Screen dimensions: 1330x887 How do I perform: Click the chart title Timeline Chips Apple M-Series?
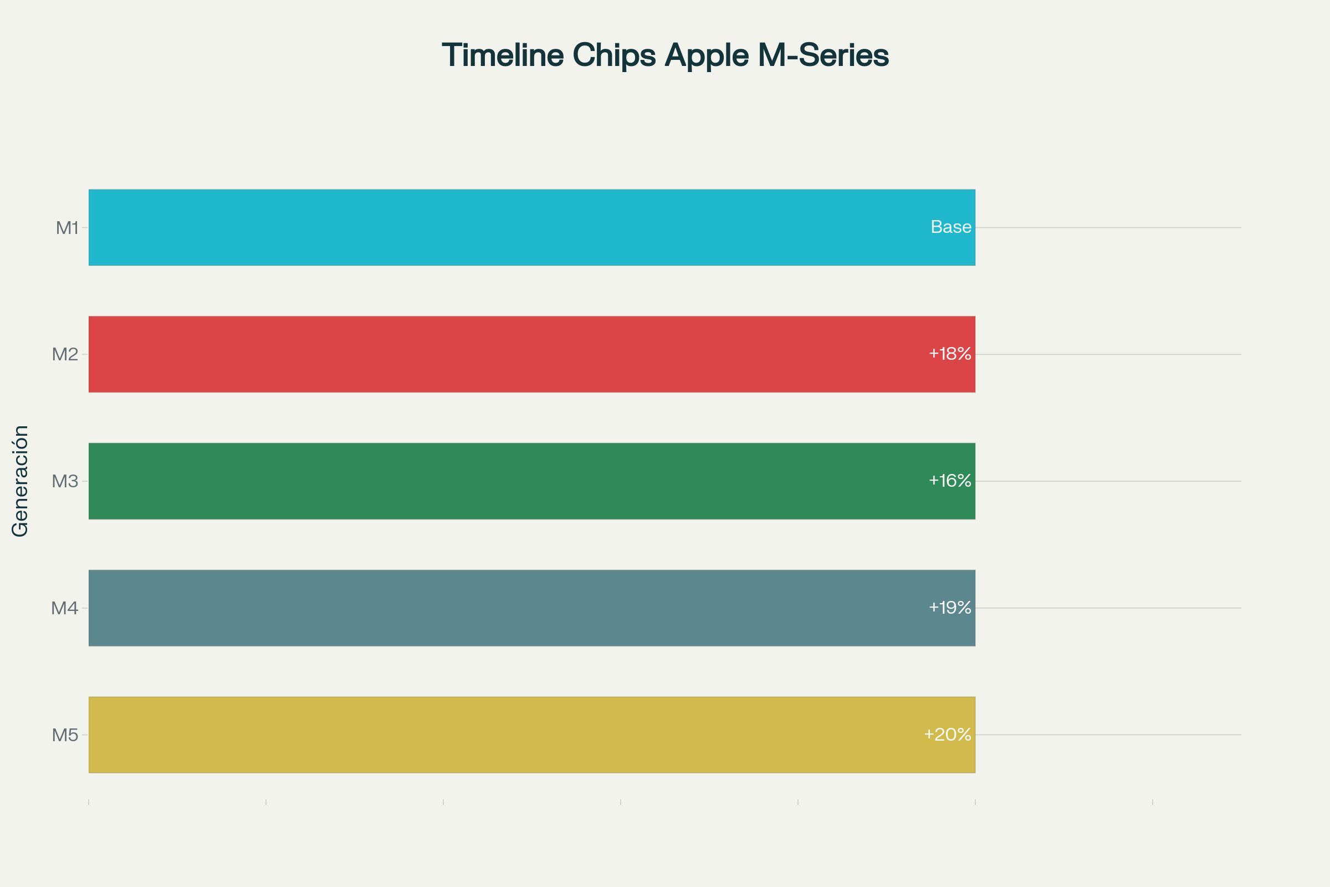click(665, 56)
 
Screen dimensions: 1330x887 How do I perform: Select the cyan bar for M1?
click(532, 227)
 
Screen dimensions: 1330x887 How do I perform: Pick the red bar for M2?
click(532, 354)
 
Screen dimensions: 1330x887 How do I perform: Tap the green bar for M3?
click(532, 481)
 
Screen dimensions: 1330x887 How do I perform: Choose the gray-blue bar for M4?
click(532, 608)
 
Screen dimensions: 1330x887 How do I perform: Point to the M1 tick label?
click(67, 228)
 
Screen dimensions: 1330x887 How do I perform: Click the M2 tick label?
click(65, 355)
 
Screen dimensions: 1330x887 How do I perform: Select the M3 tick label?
click(65, 481)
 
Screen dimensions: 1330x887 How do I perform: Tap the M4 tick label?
click(65, 608)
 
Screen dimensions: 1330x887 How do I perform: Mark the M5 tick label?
click(65, 735)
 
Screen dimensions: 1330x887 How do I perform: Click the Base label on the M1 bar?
click(951, 227)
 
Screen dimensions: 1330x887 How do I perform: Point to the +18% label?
click(950, 354)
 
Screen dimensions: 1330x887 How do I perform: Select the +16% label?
click(950, 480)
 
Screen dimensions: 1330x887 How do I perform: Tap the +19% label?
click(950, 607)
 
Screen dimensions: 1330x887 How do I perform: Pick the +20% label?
click(948, 733)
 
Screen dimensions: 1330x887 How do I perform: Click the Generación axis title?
click(21, 481)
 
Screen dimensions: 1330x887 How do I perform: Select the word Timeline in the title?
click(503, 55)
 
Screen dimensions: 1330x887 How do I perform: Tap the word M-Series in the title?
click(823, 55)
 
